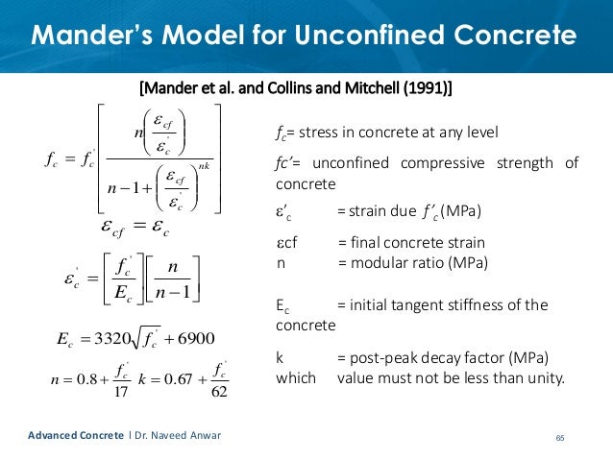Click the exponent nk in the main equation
[x=201, y=165]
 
